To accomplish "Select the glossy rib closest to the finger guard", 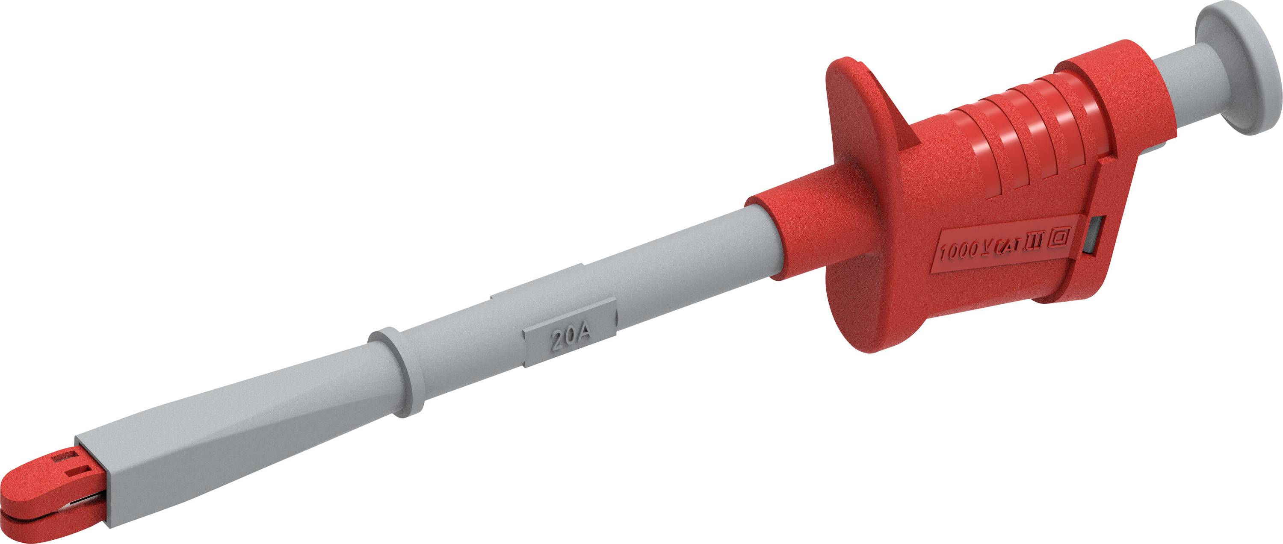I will click(971, 149).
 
